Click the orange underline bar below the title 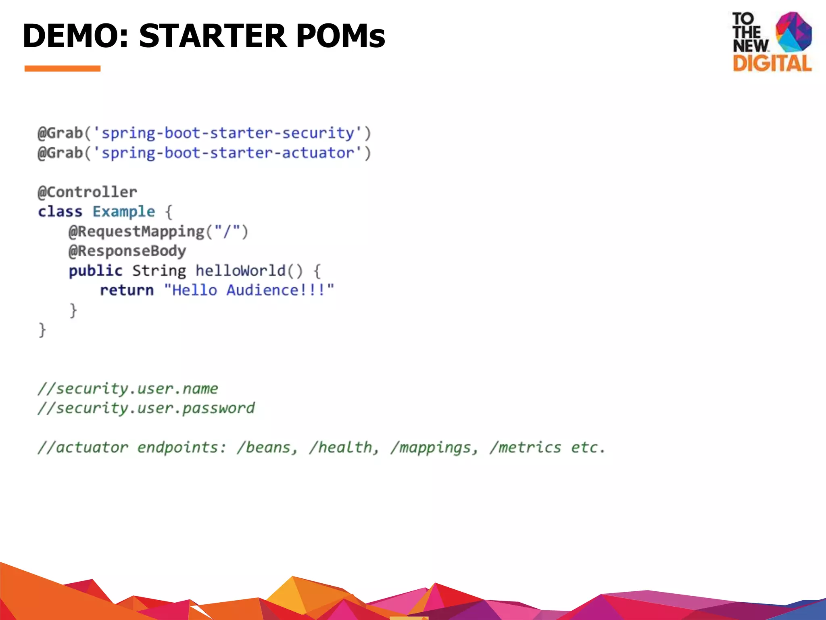(63, 69)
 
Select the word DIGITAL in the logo (772, 64)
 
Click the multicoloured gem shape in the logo (793, 32)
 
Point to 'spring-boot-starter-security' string (227, 133)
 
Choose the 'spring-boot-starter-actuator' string (227, 153)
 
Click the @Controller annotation (88, 192)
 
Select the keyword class (60, 212)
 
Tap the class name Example (123, 212)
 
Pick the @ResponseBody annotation (127, 251)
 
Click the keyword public (96, 270)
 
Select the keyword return (127, 290)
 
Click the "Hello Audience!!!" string (249, 290)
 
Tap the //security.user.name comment (128, 389)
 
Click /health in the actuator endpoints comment (344, 448)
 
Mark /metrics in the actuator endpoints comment (525, 448)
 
